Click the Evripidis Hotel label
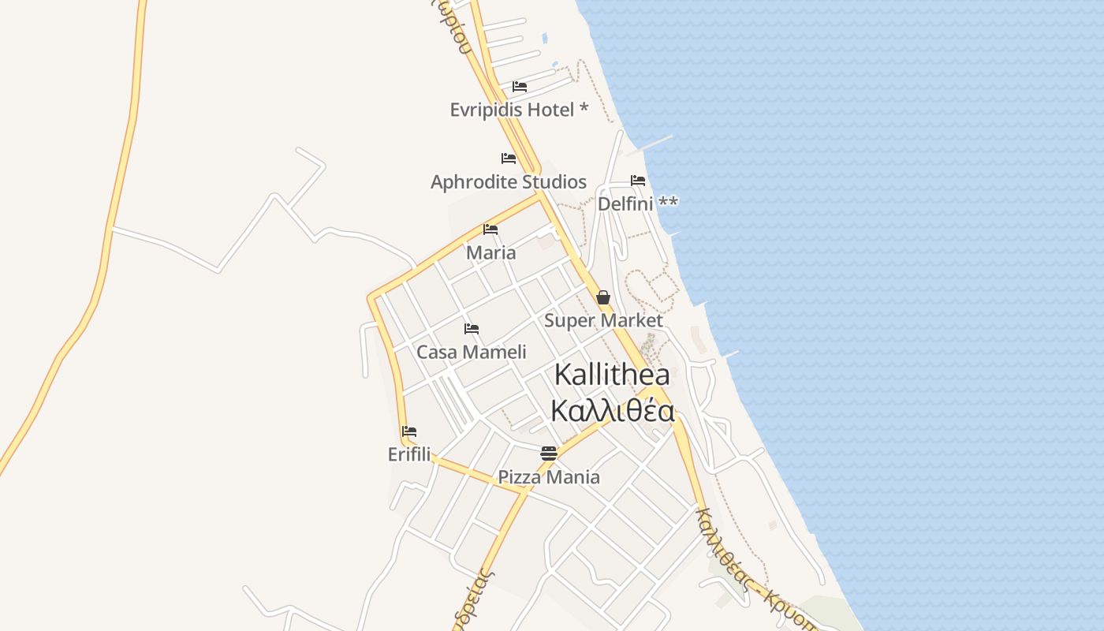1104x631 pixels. (519, 110)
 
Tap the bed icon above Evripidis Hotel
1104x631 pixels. (519, 86)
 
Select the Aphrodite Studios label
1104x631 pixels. (509, 182)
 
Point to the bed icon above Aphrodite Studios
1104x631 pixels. (509, 159)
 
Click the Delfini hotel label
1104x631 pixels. (637, 203)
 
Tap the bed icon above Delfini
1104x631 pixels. (638, 181)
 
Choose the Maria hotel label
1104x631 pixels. (490, 253)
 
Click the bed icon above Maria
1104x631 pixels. (490, 230)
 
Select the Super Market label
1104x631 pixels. (603, 321)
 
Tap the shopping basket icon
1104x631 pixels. (603, 297)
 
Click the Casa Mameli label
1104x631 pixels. (472, 352)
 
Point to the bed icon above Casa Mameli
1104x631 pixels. (472, 328)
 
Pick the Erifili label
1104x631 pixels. (409, 454)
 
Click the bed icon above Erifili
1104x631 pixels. (409, 431)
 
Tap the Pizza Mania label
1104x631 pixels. (549, 477)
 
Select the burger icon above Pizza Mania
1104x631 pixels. (549, 453)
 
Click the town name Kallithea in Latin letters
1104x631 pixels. (612, 375)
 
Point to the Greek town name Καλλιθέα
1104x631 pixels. (612, 412)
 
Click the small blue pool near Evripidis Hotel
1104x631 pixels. (545, 38)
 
